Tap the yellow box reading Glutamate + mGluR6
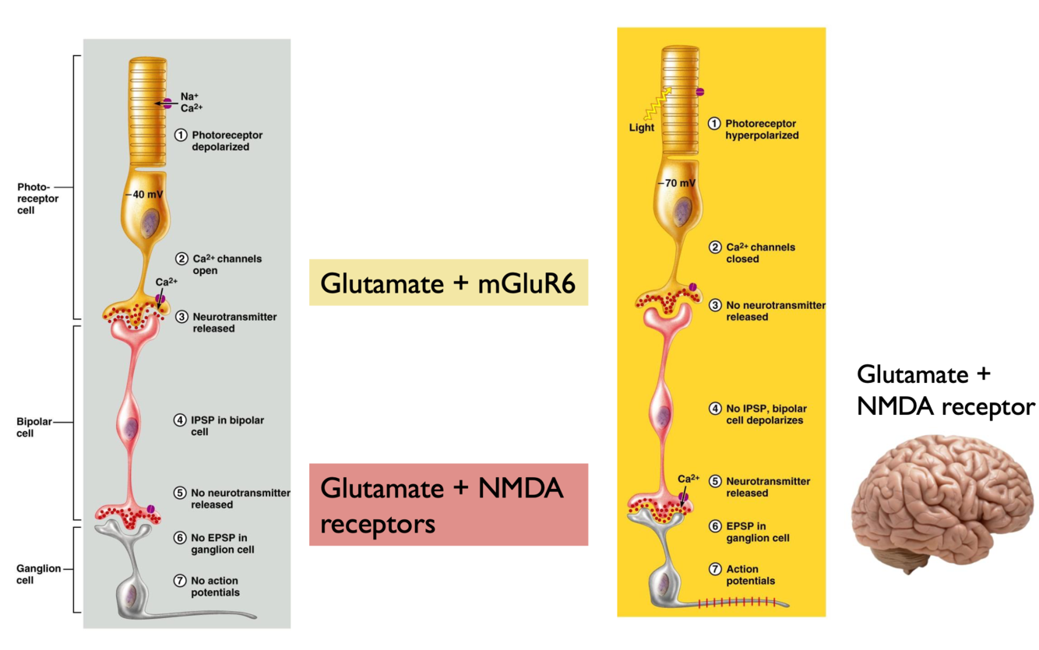[448, 282]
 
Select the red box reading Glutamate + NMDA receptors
[448, 504]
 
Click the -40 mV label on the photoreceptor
[141, 195]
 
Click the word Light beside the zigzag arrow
[642, 128]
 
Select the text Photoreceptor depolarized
[227, 141]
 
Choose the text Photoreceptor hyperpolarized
[761, 129]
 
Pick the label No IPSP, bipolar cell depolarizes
[765, 414]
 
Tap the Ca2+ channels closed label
[760, 253]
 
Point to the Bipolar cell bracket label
[32, 428]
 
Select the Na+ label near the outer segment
[189, 97]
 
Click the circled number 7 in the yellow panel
[714, 569]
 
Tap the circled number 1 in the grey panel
[181, 135]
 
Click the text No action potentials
[214, 586]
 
